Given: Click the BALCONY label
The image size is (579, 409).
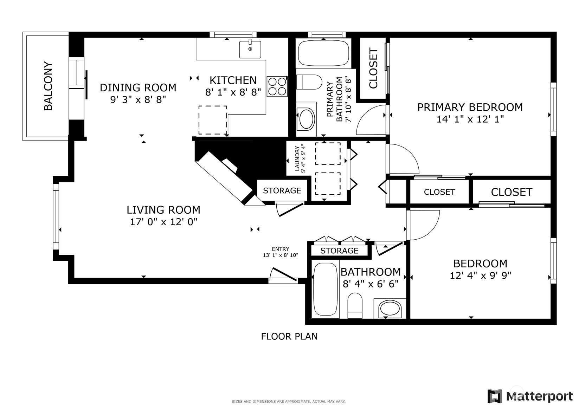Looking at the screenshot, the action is (48, 86).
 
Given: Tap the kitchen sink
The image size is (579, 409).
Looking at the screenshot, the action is (250, 49).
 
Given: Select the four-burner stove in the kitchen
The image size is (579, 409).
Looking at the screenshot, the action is (277, 86).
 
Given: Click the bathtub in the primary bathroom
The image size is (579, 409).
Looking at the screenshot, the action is (323, 53).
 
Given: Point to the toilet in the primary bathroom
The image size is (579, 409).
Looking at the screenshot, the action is (309, 82).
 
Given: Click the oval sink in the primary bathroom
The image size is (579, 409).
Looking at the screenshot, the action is (306, 119).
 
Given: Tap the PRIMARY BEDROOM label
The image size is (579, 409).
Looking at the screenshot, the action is (470, 107).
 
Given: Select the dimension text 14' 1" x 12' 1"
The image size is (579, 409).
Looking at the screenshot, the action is (470, 119).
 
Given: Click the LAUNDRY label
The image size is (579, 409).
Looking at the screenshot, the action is (297, 158).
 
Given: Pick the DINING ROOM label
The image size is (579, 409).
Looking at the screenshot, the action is (138, 88).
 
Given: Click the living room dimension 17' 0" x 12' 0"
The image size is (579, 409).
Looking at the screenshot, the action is (163, 222).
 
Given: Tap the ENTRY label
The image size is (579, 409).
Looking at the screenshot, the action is (281, 249).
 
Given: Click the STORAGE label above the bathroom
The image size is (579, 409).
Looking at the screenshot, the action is (339, 251).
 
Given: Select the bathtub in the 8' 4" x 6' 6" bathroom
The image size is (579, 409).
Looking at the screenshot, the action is (326, 289).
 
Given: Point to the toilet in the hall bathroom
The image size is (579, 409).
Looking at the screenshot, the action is (355, 305).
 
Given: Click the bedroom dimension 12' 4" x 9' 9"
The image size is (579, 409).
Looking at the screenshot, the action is (481, 276).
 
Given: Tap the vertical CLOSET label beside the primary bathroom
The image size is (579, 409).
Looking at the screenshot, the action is (373, 68).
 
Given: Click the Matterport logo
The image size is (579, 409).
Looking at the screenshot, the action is (530, 396).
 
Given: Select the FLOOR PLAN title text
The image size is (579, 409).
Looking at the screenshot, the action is (289, 336).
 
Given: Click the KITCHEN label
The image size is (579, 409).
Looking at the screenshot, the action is (233, 80).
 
